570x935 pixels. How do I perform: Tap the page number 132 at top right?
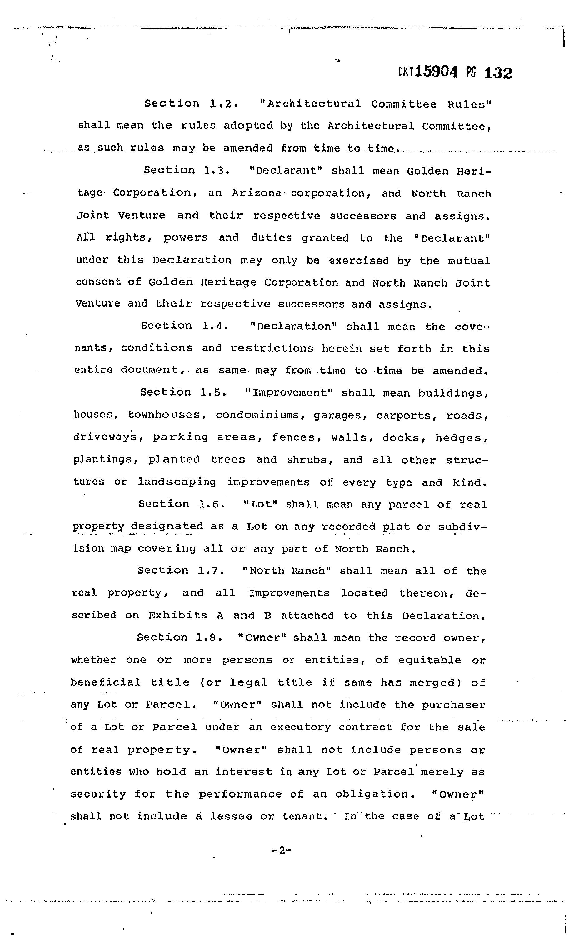click(498, 72)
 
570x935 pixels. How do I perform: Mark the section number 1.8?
click(209, 637)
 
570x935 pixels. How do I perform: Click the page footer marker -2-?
click(281, 850)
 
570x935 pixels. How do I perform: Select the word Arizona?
click(257, 193)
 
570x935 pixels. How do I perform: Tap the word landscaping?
click(177, 482)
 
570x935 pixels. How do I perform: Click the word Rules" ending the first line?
click(469, 104)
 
